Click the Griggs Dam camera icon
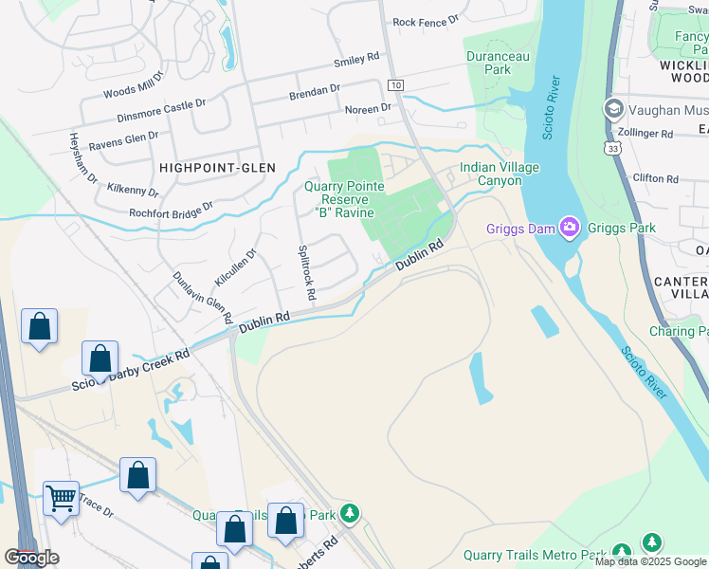point(569,226)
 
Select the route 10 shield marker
point(395,85)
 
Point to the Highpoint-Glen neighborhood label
point(217,168)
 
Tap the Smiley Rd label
point(356,62)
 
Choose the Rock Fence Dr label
point(425,20)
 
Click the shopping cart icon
point(62,496)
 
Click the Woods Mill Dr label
point(133,92)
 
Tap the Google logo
point(31,558)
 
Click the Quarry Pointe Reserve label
point(346,199)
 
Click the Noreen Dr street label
point(368,109)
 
